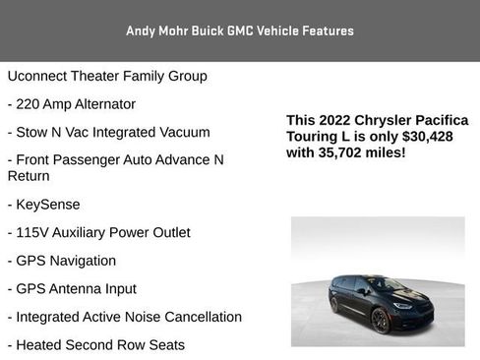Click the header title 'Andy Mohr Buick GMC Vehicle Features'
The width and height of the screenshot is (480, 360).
[240, 30]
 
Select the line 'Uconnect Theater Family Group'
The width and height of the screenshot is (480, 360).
[107, 76]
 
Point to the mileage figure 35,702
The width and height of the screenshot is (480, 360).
[342, 153]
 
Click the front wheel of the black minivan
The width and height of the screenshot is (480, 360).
[381, 320]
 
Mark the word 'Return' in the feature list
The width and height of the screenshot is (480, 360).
[29, 176]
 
